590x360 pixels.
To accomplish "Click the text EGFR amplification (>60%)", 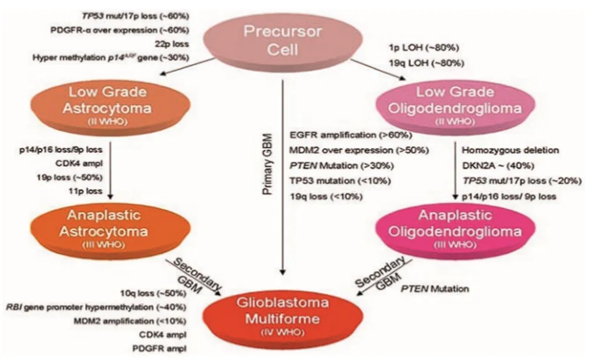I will [339, 136].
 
